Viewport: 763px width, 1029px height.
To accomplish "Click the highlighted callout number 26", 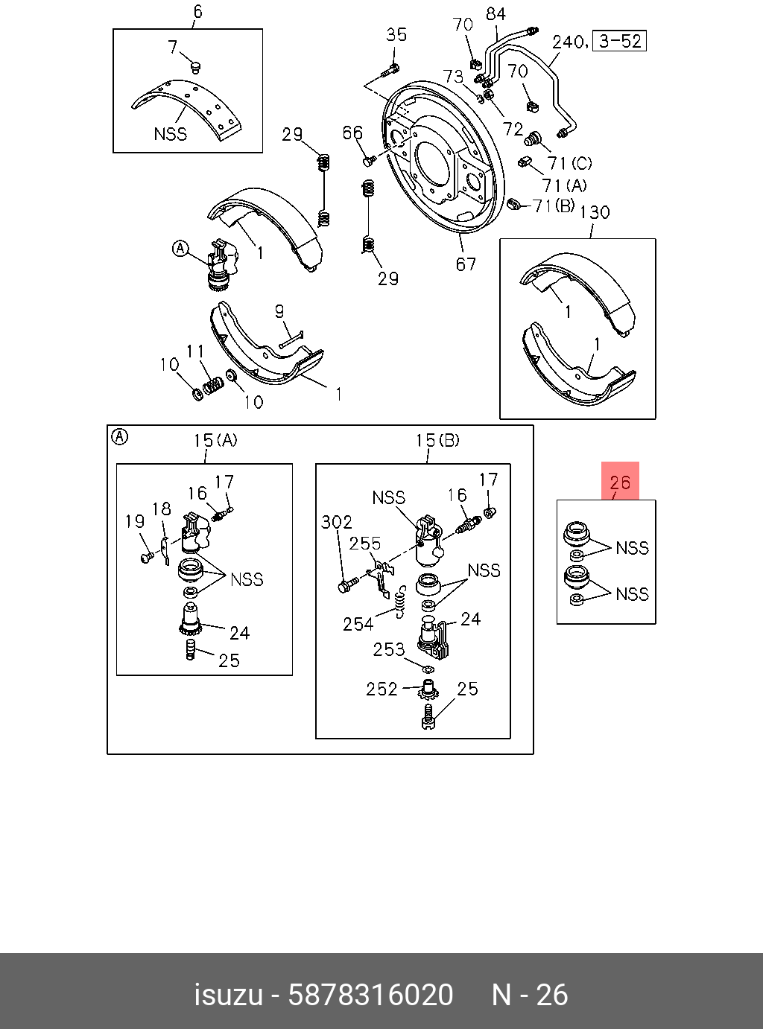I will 620,482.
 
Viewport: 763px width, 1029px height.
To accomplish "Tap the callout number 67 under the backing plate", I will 466,264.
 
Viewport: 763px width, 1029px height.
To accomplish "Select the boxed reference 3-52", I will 620,40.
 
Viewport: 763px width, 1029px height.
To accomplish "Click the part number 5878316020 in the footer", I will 370,995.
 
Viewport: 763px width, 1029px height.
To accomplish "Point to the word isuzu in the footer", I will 228,995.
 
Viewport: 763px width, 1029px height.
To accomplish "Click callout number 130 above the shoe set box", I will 594,212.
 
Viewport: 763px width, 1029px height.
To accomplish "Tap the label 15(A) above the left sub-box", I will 215,440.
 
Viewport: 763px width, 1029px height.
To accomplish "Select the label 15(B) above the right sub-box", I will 437,440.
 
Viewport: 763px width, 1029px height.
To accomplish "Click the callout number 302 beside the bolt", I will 336,522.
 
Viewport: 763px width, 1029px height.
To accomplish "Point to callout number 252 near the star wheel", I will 381,689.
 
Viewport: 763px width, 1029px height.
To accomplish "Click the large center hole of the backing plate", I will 431,159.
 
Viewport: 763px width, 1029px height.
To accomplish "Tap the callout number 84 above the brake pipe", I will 496,13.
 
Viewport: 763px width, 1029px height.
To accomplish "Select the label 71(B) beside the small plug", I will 554,206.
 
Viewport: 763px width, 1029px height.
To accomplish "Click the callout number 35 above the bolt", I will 396,34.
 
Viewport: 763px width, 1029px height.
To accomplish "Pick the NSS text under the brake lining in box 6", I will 171,134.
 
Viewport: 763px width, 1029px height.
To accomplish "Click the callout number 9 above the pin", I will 279,311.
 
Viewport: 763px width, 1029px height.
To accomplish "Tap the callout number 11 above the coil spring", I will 195,351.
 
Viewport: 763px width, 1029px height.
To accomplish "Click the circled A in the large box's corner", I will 119,437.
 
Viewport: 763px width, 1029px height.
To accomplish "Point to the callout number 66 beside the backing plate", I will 352,133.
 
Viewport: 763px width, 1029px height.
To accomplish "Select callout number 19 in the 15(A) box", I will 134,520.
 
